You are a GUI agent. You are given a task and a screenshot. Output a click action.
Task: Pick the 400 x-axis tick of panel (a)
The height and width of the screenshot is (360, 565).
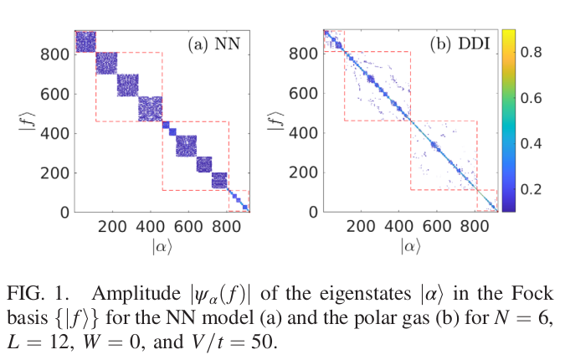coord(150,225)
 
